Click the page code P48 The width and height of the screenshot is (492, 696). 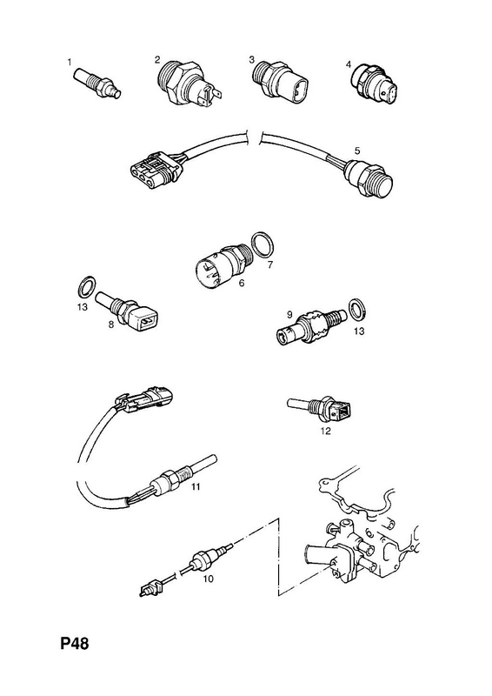75,643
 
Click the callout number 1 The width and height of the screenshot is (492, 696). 70,62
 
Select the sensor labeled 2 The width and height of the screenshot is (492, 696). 189,84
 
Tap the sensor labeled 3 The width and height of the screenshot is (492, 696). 280,80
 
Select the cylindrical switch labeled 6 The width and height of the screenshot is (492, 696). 225,266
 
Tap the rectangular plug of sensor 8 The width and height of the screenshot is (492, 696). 145,318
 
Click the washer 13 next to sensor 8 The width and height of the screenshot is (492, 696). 86,287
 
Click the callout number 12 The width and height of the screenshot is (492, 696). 325,431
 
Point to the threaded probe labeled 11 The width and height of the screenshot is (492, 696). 183,478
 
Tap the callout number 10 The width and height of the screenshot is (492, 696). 208,579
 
